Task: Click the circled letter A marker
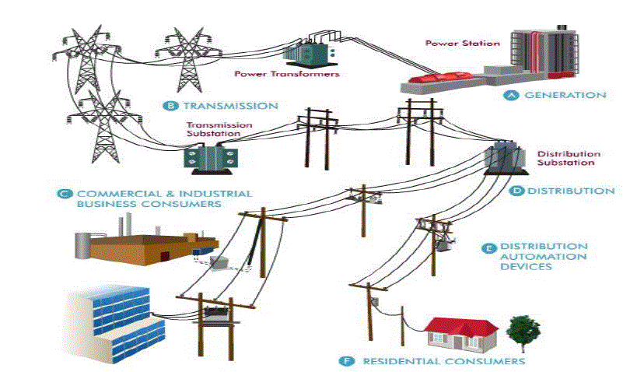click(x=511, y=95)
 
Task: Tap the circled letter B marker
click(x=168, y=105)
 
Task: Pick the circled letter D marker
click(x=516, y=191)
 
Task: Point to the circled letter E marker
click(x=489, y=247)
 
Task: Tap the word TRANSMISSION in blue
click(x=229, y=105)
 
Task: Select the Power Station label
click(x=462, y=44)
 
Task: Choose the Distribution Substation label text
click(x=565, y=158)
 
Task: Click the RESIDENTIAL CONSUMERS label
click(x=443, y=361)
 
